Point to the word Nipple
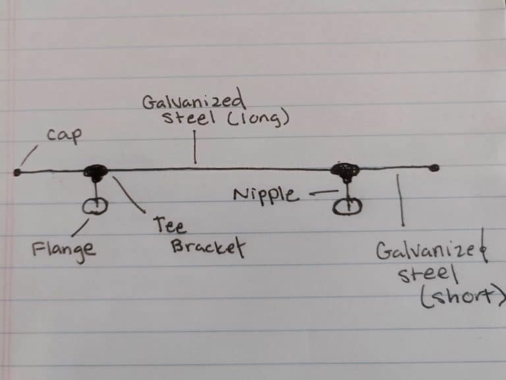pos(266,195)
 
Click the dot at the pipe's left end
pos(16,172)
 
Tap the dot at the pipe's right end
pos(434,168)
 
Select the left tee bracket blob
pos(96,172)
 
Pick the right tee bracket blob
pos(345,170)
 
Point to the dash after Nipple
pos(317,194)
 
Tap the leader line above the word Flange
pos(79,228)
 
